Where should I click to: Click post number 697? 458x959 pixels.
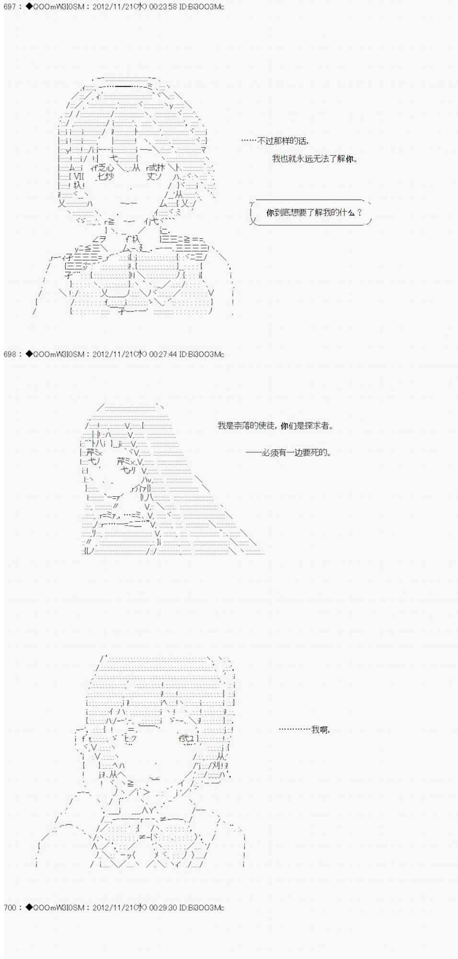coord(10,7)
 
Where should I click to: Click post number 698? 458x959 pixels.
coord(10,354)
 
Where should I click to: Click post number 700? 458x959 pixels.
coord(10,907)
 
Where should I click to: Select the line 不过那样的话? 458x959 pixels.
coord(283,141)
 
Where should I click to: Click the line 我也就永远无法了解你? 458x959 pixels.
coord(315,159)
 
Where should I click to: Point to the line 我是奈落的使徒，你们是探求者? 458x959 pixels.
coord(275,425)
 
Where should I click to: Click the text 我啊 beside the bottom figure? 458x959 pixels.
coord(320,729)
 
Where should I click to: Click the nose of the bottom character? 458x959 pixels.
coord(156,762)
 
